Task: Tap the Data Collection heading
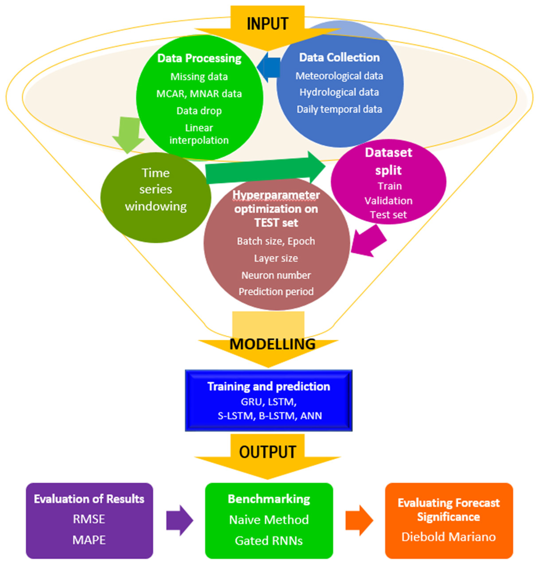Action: [x=339, y=57]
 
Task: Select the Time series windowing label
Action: [x=156, y=190]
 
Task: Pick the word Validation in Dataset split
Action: [x=388, y=200]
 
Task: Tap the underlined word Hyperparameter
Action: [x=276, y=195]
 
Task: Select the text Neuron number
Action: [x=276, y=275]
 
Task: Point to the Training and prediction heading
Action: [x=269, y=386]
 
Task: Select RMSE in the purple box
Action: [x=89, y=519]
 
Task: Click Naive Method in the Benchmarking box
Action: [x=269, y=520]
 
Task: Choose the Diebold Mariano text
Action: [x=448, y=537]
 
